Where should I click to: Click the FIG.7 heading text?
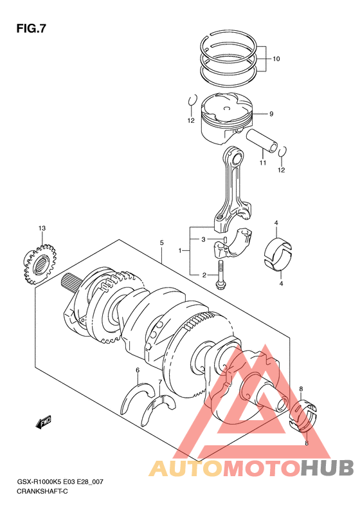click(x=32, y=29)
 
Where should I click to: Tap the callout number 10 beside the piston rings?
click(x=276, y=59)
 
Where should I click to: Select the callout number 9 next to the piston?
click(x=271, y=114)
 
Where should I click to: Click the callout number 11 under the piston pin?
click(x=263, y=162)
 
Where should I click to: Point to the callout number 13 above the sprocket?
click(x=42, y=228)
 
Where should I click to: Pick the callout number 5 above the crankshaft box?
click(x=161, y=243)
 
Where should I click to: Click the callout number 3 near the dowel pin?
click(x=203, y=239)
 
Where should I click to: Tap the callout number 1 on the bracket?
click(x=179, y=250)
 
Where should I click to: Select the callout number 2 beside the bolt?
click(x=204, y=275)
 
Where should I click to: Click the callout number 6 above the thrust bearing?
click(x=138, y=370)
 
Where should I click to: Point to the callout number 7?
click(x=160, y=382)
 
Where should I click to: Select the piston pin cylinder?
click(x=262, y=140)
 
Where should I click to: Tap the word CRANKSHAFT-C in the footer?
click(x=42, y=491)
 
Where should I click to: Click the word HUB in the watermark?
click(x=327, y=467)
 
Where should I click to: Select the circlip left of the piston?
click(x=192, y=100)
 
